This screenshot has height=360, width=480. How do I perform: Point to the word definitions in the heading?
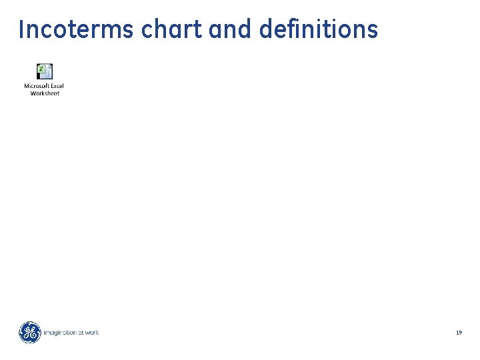click(317, 30)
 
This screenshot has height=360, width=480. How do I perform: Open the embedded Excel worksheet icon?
click(45, 71)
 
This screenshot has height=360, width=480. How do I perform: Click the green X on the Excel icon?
click(41, 69)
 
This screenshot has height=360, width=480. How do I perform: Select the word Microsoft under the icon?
click(36, 86)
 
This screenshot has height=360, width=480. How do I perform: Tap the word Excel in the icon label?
click(57, 86)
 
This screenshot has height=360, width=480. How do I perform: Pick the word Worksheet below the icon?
click(45, 93)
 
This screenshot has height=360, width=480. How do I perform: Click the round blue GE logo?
click(29, 332)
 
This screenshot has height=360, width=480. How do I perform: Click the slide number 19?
click(459, 332)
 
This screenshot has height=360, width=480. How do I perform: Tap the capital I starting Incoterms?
click(22, 30)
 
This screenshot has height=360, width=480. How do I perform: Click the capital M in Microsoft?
click(26, 86)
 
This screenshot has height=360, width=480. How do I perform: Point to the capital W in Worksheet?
click(33, 93)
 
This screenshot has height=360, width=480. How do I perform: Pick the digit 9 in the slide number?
click(460, 332)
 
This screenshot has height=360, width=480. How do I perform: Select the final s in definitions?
click(373, 31)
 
